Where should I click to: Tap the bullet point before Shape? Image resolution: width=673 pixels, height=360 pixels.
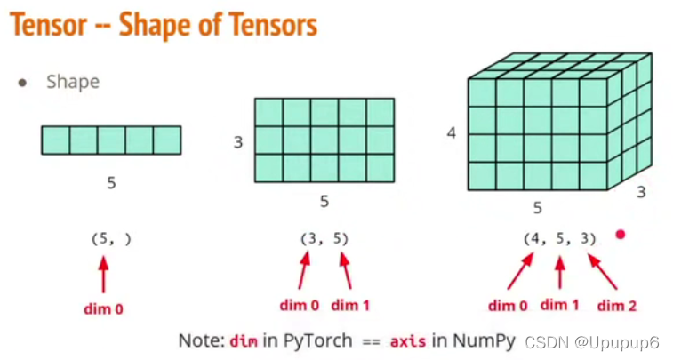tap(22, 83)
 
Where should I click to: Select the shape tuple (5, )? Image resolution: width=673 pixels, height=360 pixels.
tap(111, 238)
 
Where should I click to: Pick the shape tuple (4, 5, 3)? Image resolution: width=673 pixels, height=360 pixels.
tap(559, 238)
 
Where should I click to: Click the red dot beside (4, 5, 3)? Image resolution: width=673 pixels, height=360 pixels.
tap(621, 236)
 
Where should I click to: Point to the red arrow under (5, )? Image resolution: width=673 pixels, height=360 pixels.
tap(104, 273)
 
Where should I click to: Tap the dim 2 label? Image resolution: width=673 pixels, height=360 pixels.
tap(616, 307)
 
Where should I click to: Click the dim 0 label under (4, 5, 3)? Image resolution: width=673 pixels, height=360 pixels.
tap(508, 307)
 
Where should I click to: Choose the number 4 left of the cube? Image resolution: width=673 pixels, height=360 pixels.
tap(452, 133)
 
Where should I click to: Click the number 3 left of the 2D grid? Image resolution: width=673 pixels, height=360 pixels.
tap(238, 141)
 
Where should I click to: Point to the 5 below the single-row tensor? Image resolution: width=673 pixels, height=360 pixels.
tap(111, 183)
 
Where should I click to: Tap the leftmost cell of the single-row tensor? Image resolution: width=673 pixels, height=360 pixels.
tap(55, 140)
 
